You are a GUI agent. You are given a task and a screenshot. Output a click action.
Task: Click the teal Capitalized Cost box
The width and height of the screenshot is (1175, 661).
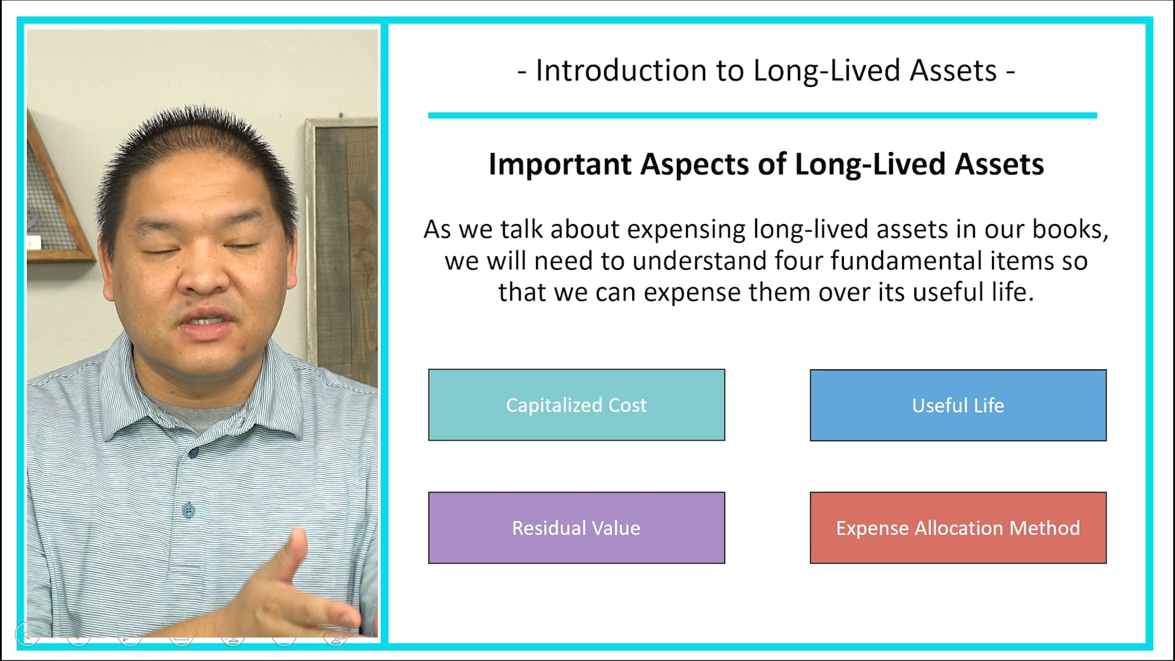pos(576,405)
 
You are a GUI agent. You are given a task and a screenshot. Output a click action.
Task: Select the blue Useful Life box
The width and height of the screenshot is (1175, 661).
pos(958,405)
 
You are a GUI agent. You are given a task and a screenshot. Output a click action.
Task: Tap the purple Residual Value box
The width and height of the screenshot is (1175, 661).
pos(576,528)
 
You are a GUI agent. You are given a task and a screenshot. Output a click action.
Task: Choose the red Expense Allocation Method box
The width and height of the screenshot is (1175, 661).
pos(958,528)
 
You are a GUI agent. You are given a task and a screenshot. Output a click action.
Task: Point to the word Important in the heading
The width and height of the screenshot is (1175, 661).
pos(559,164)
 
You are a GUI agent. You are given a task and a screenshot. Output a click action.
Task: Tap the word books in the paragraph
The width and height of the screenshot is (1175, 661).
pos(1069,230)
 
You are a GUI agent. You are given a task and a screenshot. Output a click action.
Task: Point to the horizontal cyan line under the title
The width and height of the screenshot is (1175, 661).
pos(762,115)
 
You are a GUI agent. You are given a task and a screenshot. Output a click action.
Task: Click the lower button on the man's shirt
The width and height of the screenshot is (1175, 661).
pos(189,510)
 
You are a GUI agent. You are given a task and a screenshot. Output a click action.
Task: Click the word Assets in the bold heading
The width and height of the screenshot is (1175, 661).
pos(999,164)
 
